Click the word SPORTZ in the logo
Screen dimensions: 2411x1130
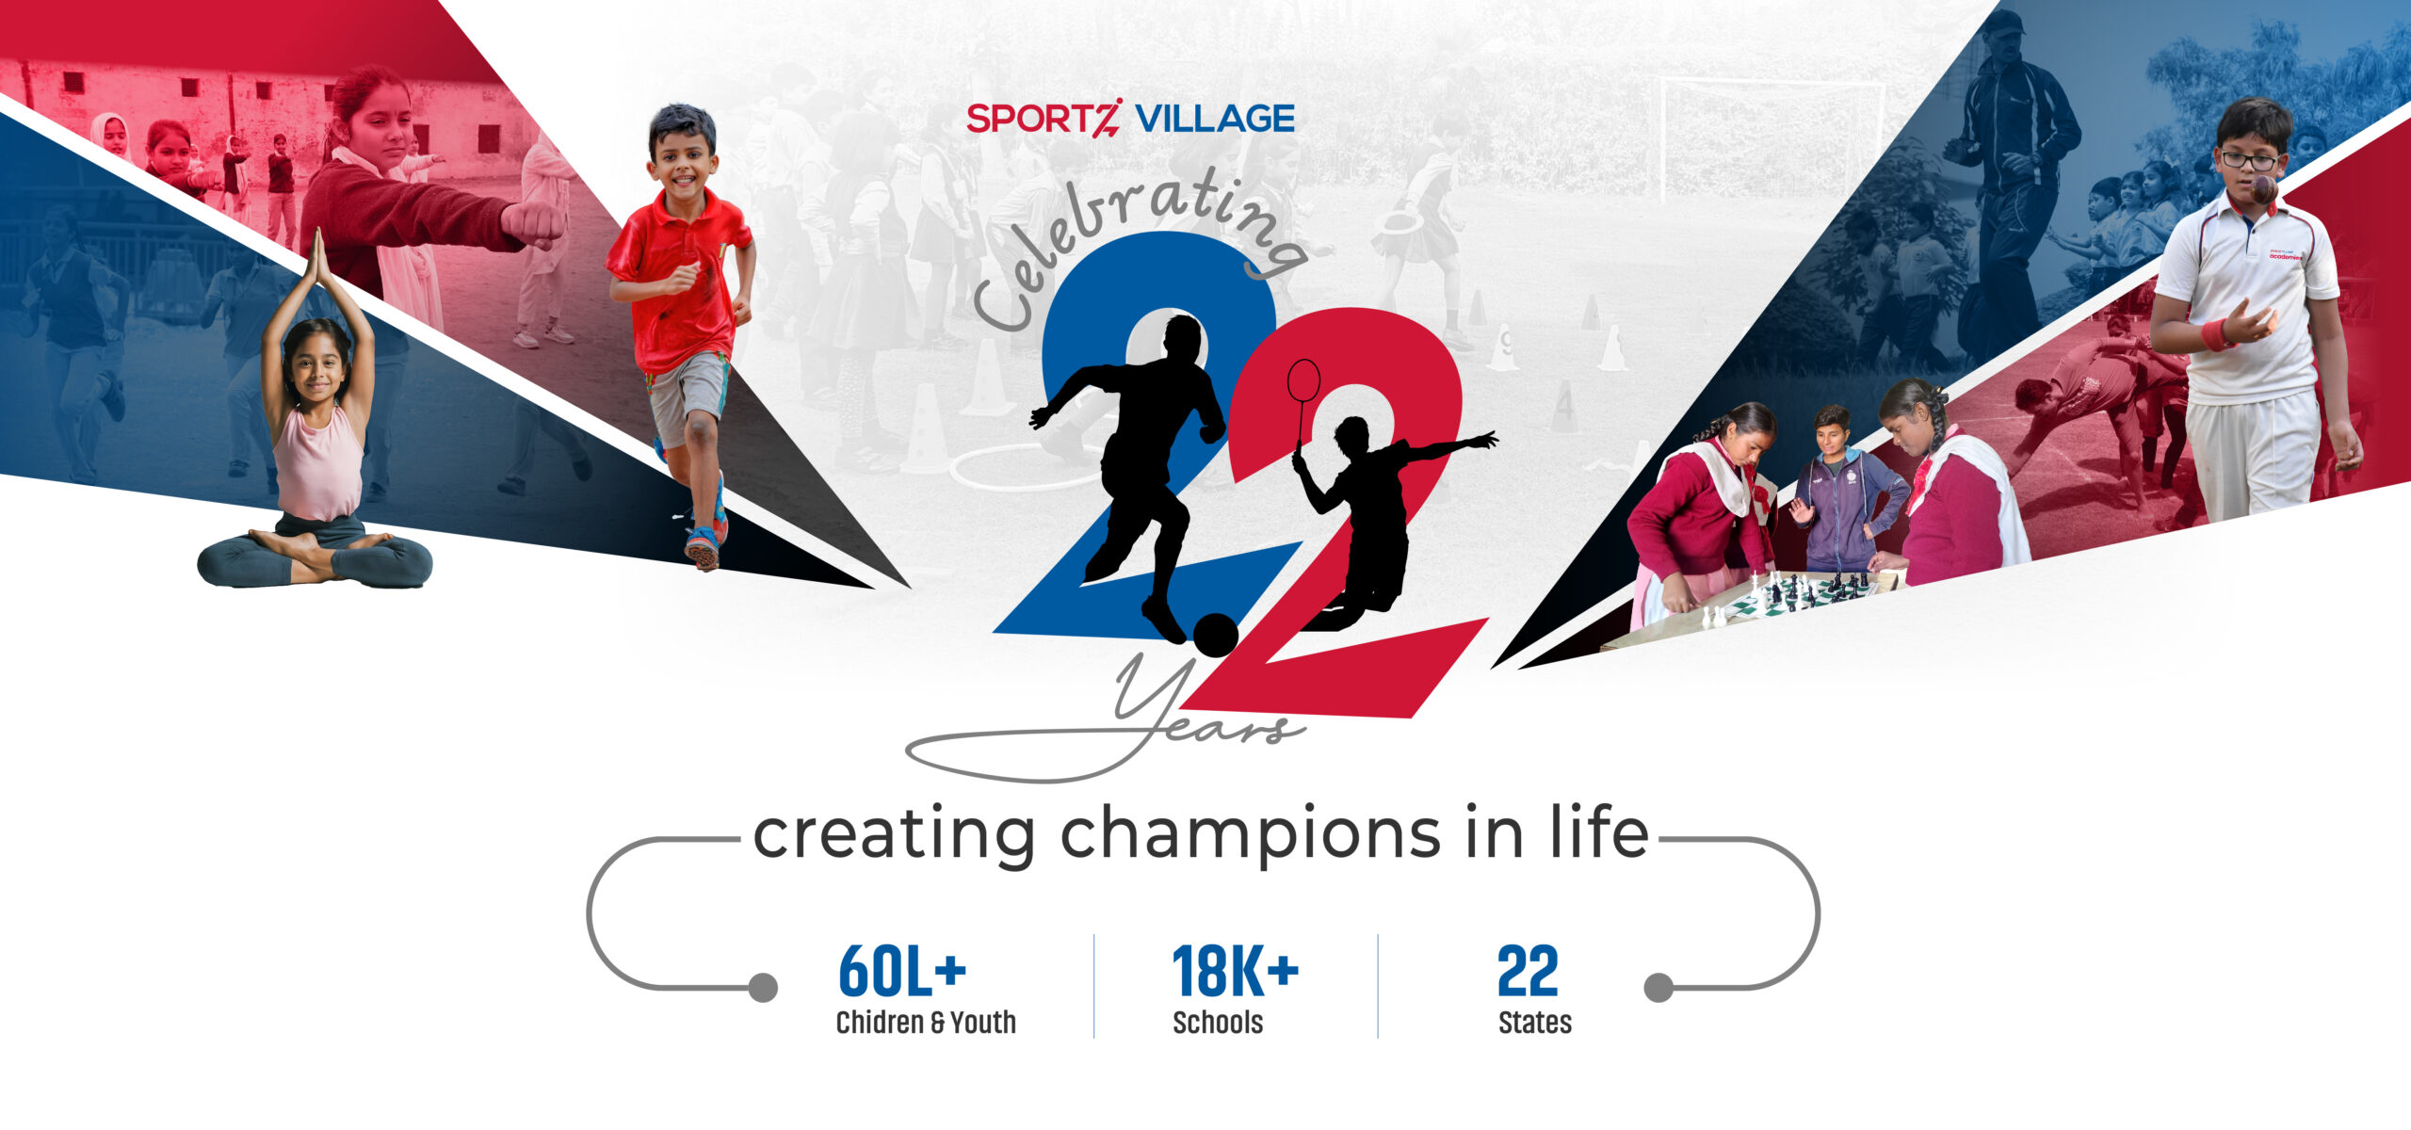(x=1044, y=119)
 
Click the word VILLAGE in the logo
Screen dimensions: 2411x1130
(x=1215, y=119)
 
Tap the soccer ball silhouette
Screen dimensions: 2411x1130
(x=1216, y=636)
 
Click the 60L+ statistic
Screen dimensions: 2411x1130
(x=902, y=971)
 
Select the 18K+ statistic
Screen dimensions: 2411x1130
(x=1236, y=971)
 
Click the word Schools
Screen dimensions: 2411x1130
(x=1218, y=1023)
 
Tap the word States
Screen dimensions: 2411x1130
(x=1535, y=1023)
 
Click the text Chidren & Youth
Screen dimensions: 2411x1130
(x=926, y=1023)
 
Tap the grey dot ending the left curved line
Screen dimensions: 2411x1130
(x=763, y=988)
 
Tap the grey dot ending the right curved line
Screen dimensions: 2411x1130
(x=1659, y=988)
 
